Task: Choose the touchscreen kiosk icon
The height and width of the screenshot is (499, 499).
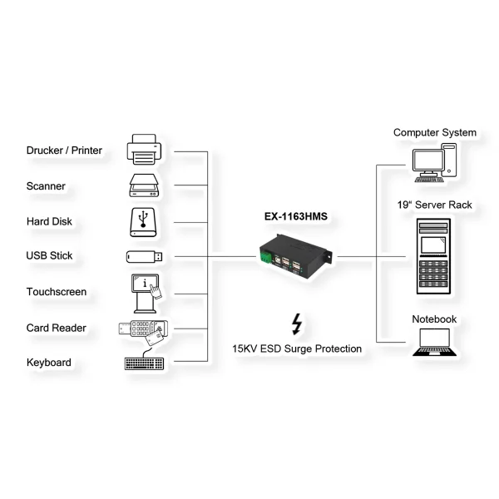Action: coord(146,292)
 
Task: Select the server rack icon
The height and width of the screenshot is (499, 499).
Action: coord(433,259)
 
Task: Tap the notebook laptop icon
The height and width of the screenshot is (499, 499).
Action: coord(433,343)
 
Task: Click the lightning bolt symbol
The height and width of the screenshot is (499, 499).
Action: coord(296,324)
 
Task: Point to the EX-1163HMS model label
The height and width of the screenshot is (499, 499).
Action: coord(296,216)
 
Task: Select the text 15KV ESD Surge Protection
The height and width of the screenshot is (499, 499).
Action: coord(297,348)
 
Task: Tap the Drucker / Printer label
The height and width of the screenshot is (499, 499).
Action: coord(64,151)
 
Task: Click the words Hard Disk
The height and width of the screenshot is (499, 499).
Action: coord(49,221)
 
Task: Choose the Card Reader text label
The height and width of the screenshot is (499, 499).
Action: coord(56,328)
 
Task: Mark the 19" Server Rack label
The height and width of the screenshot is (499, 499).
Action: coord(434,204)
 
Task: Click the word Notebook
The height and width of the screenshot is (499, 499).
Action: coord(434,319)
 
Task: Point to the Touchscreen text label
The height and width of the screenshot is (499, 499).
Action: coord(57,292)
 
